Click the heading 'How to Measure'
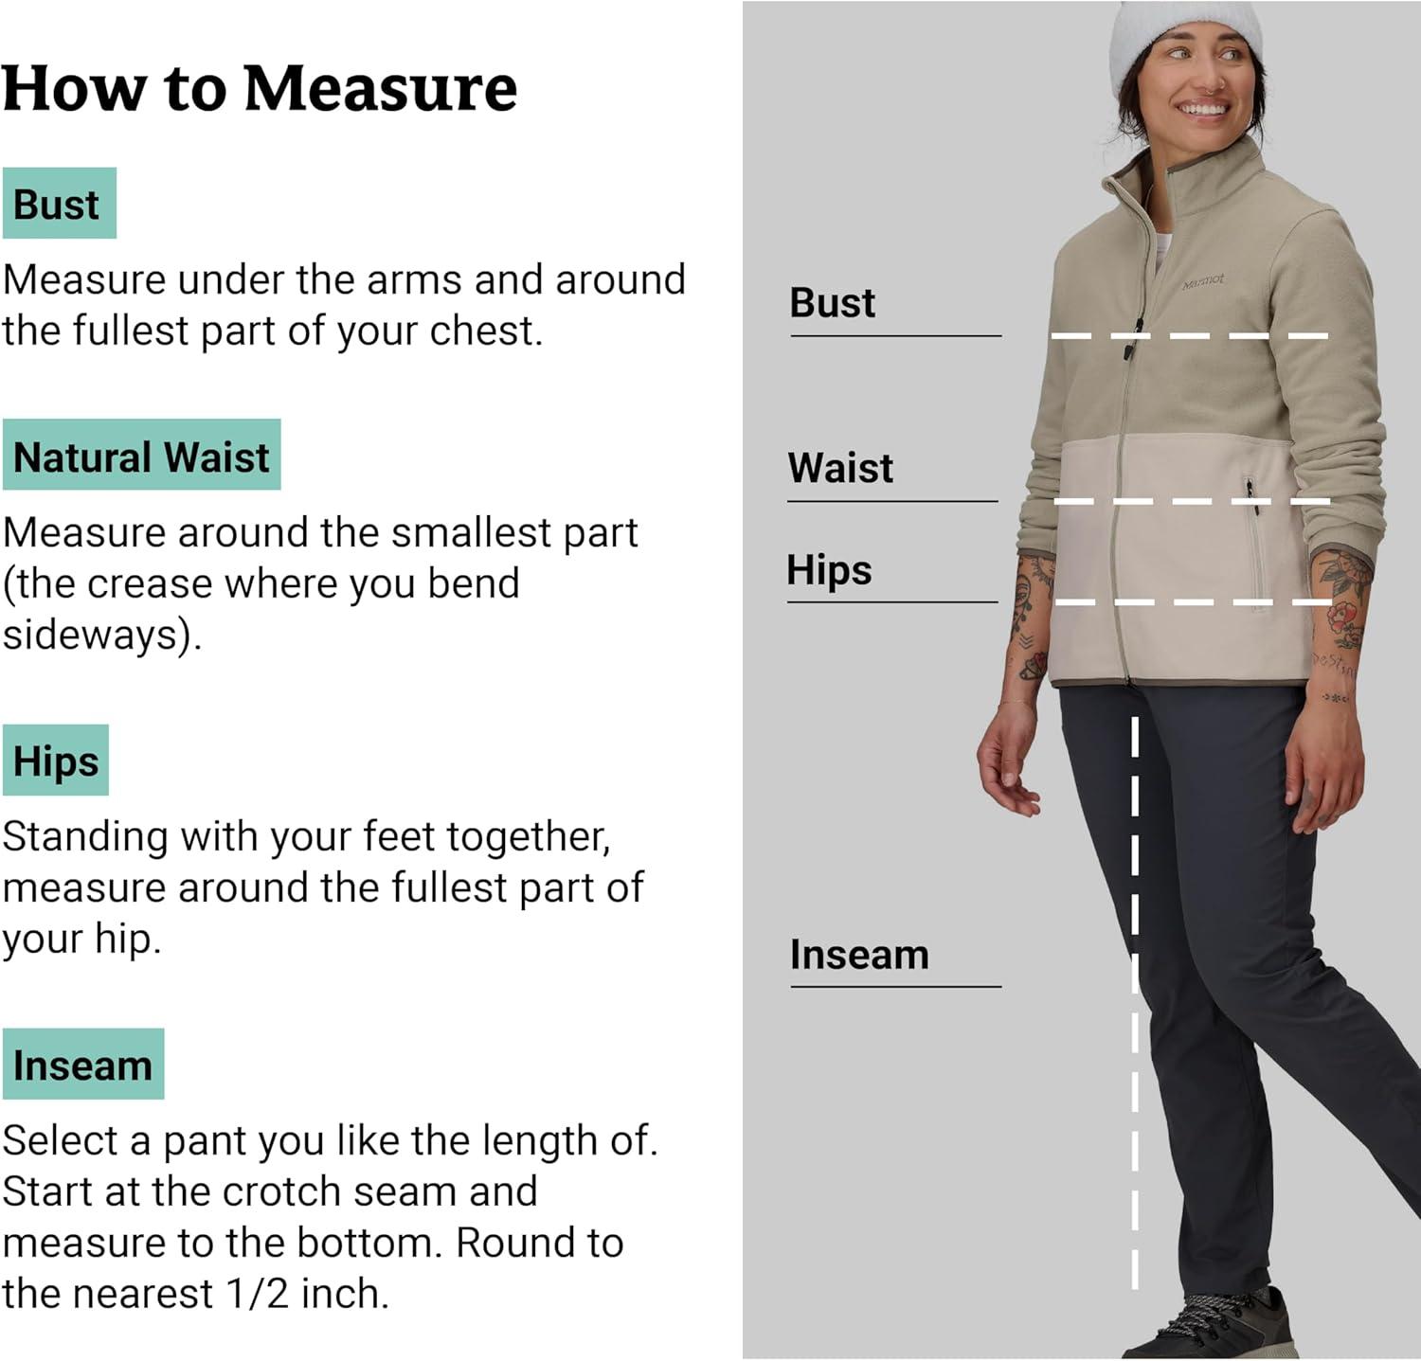(260, 88)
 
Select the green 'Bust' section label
(59, 204)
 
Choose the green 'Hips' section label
(56, 761)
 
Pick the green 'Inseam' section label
(83, 1065)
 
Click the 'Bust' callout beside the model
(833, 303)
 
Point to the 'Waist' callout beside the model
(841, 468)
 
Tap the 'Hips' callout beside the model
(830, 570)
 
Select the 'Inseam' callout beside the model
(860, 955)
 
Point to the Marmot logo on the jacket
(1203, 281)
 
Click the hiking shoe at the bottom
(1222, 1325)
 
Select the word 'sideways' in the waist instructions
(89, 635)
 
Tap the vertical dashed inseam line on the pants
(1135, 1003)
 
